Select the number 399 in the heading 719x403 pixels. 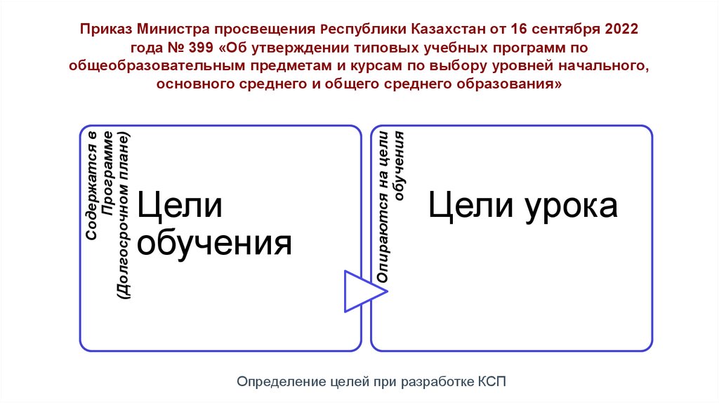[x=206, y=49]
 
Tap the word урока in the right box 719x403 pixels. [x=571, y=206]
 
